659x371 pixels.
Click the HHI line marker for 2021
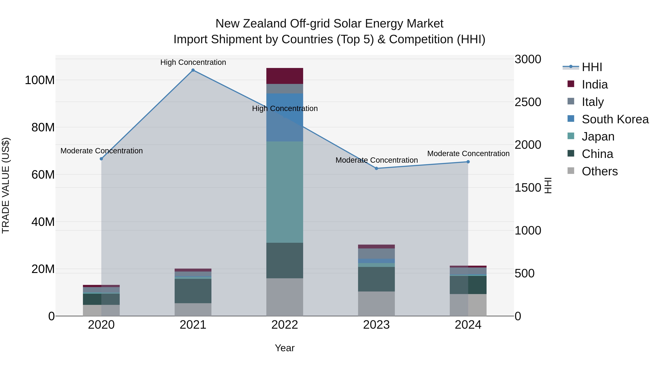tap(193, 70)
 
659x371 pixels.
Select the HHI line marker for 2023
tap(376, 168)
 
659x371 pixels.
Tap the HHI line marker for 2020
tap(101, 159)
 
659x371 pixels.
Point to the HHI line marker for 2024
tap(468, 162)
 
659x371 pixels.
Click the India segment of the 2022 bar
tap(284, 76)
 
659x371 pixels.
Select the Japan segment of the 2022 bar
tap(284, 192)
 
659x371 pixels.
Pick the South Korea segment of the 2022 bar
tap(284, 117)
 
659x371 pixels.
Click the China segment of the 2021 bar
tap(193, 291)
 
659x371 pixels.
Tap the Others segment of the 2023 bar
tap(376, 304)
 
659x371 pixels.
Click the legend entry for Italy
tap(593, 102)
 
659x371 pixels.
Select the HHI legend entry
tap(591, 67)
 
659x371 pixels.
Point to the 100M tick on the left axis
tap(40, 80)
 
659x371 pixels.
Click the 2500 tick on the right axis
tap(528, 102)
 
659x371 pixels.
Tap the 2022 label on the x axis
tap(284, 325)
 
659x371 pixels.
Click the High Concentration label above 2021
tap(193, 62)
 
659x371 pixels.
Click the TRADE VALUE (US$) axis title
tap(6, 185)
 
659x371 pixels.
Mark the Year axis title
tap(284, 348)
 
